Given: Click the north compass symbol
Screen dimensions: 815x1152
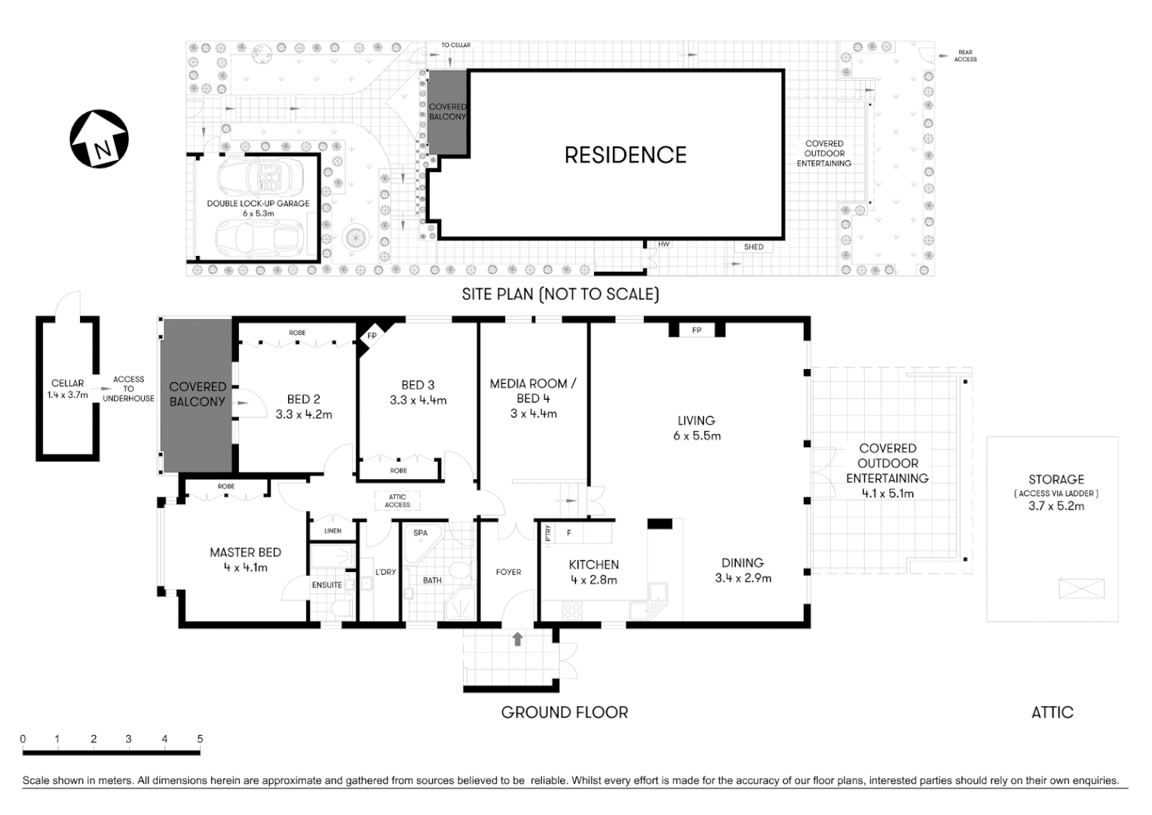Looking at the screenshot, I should [x=99, y=140].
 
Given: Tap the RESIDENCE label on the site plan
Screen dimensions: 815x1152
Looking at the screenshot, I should [x=625, y=155].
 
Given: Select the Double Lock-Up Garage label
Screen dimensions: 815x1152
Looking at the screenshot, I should [x=258, y=204].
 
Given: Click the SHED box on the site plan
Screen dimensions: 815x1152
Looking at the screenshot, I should [x=753, y=247].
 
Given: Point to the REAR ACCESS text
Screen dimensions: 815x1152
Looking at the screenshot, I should [x=965, y=56].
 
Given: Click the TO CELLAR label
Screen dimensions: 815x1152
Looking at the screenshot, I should [x=455, y=45].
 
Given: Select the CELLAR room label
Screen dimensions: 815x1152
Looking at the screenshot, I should [x=67, y=383].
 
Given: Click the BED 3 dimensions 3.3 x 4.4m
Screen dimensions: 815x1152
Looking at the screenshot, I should [x=418, y=401].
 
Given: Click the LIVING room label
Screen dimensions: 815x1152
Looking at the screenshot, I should [x=696, y=420].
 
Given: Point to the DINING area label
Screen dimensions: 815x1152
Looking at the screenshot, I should [x=743, y=563].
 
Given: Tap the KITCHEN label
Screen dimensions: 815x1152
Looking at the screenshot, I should [x=593, y=564].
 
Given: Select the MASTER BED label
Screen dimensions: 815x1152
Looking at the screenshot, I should [x=245, y=552].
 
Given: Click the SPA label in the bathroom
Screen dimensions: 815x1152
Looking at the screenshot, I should [x=420, y=533].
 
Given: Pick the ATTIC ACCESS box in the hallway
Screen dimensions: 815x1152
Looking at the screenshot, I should [x=397, y=501].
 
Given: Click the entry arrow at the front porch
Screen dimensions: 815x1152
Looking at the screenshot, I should [x=517, y=639].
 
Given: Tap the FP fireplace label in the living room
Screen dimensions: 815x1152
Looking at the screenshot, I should [x=697, y=331].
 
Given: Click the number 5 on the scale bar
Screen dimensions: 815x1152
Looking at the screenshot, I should [x=200, y=739].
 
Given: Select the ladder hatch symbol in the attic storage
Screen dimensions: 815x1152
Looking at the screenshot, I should [x=1081, y=589].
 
